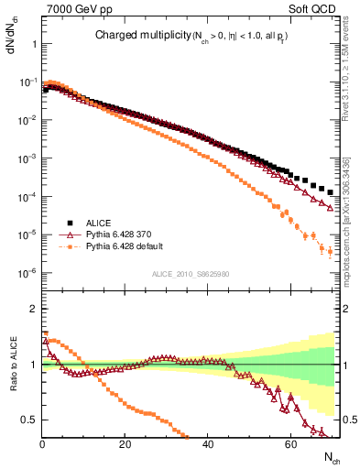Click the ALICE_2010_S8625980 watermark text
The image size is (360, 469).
(191, 273)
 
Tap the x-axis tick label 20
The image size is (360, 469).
(125, 442)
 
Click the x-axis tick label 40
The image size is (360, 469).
(208, 442)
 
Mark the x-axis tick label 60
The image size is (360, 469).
(290, 442)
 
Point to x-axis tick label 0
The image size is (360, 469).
(42, 442)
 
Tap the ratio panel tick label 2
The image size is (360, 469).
(33, 309)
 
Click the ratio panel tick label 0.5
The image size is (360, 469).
(29, 420)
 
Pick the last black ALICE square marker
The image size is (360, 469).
(331, 192)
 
